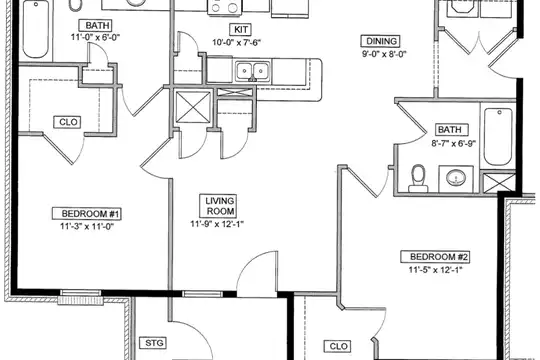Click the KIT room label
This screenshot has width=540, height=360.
241,30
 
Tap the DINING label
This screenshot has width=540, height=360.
381,41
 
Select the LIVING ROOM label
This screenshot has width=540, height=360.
220,206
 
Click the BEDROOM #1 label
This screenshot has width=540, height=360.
90,214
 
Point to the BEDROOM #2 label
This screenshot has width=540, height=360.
438,257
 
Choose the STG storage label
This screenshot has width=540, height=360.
154,343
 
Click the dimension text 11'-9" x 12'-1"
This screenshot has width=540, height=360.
217,224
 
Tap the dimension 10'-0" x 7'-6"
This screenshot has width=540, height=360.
237,42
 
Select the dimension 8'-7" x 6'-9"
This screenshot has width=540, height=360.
454,143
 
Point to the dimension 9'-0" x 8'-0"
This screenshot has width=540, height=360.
384,54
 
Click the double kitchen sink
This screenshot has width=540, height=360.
252,71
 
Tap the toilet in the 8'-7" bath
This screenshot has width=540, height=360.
418,178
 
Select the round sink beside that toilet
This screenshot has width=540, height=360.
456,178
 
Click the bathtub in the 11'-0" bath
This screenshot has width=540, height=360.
36,30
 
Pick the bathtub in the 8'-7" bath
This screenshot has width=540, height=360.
498,137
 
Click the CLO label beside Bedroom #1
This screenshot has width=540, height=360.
68,122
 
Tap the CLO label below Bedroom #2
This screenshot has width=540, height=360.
338,346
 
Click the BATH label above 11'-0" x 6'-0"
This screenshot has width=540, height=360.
97,25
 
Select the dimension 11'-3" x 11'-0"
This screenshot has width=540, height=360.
87,226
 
